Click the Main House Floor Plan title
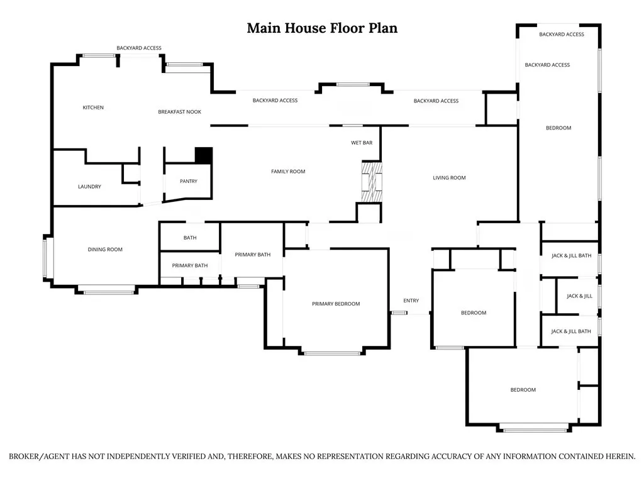(322, 28)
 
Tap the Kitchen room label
(93, 108)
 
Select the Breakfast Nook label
(179, 112)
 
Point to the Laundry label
(89, 186)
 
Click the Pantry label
(189, 181)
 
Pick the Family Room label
(288, 172)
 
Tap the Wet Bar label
(362, 143)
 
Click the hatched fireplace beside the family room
(372, 182)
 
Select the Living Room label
(449, 178)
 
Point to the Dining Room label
(105, 249)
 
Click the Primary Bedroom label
(336, 304)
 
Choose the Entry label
(411, 301)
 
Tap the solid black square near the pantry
(204, 156)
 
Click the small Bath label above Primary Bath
(190, 238)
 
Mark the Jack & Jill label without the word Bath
(579, 296)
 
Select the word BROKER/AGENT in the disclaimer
(40, 457)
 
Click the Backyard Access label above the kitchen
(139, 48)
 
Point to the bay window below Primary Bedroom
(333, 353)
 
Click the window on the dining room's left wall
(45, 258)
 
